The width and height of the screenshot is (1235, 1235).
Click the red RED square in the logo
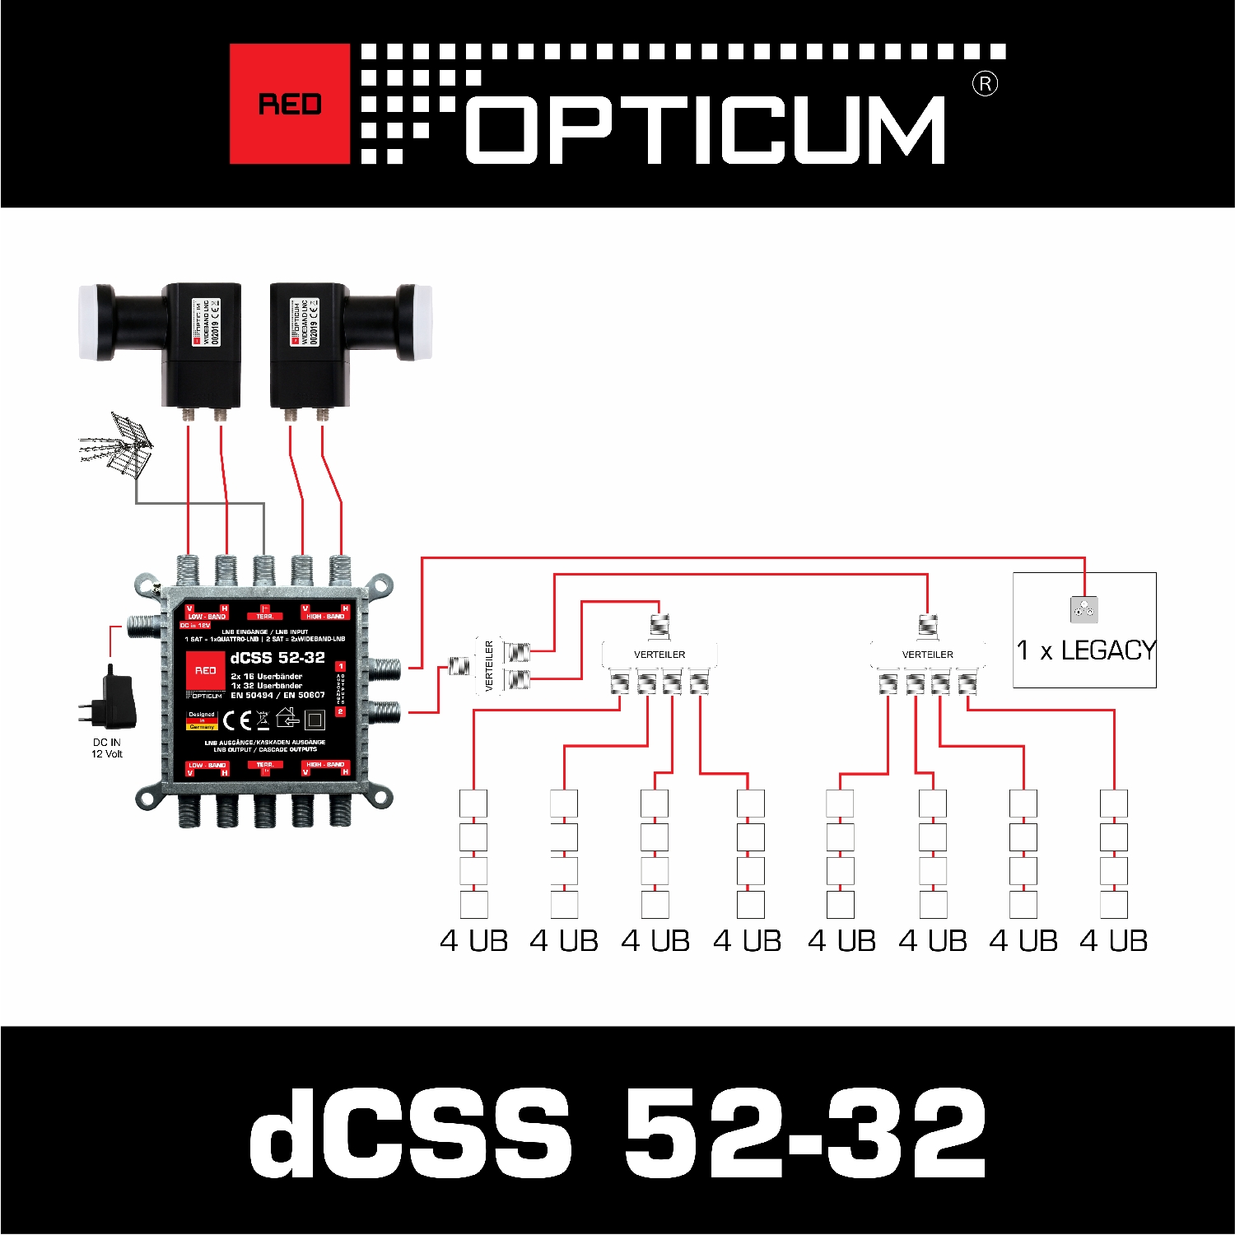click(x=289, y=104)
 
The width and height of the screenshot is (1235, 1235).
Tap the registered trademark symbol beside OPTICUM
click(x=985, y=84)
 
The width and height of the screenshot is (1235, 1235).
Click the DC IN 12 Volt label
click(x=106, y=748)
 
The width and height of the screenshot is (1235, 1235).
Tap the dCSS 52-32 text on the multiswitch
click(x=277, y=658)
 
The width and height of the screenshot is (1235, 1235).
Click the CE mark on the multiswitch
click(x=237, y=721)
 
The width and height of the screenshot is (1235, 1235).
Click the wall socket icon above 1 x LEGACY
click(x=1084, y=610)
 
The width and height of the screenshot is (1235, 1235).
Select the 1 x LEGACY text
click(x=1086, y=650)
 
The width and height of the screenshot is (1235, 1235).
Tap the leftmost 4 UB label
click(x=473, y=941)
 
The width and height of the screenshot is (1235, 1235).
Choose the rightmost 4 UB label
click(x=1113, y=941)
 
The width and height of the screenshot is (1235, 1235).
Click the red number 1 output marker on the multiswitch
click(x=341, y=666)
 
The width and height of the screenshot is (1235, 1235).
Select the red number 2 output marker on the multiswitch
click(x=341, y=711)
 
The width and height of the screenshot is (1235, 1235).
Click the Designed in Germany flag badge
click(x=202, y=721)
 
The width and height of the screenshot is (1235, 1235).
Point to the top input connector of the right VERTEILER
click(x=928, y=626)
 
